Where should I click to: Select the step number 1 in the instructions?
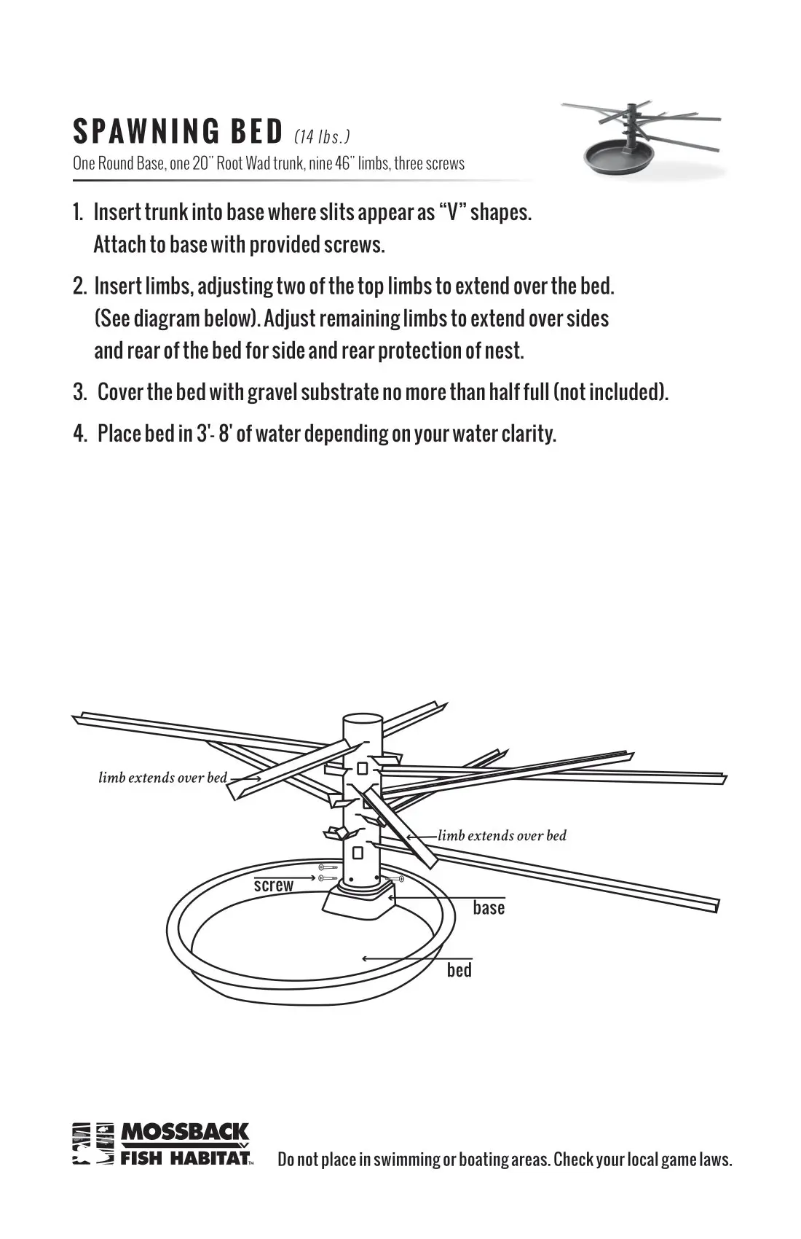click(x=77, y=213)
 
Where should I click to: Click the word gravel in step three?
click(x=272, y=392)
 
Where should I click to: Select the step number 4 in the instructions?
click(x=79, y=434)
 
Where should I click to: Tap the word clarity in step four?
click(x=528, y=434)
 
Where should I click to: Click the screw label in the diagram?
click(x=273, y=886)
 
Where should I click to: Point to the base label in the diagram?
click(x=489, y=908)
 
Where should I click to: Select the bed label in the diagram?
click(x=459, y=970)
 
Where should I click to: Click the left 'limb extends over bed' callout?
click(x=162, y=778)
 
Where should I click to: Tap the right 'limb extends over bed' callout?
click(x=502, y=836)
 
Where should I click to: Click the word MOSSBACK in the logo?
click(x=184, y=1133)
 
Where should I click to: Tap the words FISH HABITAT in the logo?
click(x=185, y=1157)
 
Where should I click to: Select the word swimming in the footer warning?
click(x=404, y=1160)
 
